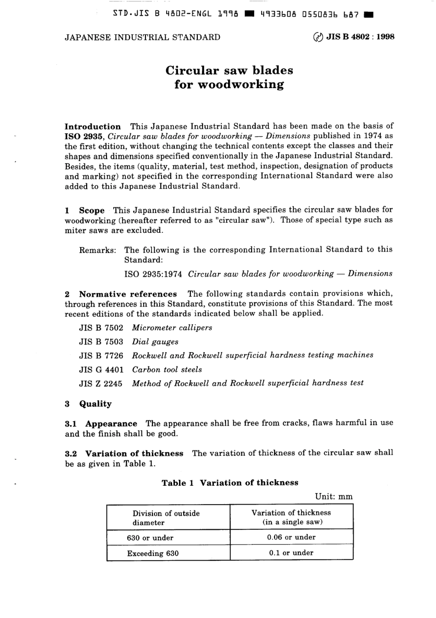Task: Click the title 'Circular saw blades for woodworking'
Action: click(229, 77)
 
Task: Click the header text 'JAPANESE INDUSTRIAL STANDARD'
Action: click(142, 37)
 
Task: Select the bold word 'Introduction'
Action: click(93, 127)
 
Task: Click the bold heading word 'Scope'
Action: click(92, 210)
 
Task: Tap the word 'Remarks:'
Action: click(98, 250)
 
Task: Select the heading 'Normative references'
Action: click(128, 294)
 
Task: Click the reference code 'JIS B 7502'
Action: click(101, 328)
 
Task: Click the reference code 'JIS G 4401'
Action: click(101, 369)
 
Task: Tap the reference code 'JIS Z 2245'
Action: click(101, 383)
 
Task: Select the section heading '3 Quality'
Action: click(89, 404)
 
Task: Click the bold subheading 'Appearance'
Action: click(111, 424)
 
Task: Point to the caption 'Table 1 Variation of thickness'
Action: click(229, 483)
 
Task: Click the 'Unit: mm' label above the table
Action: click(334, 496)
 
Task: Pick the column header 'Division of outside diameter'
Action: click(166, 517)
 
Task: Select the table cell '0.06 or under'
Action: click(291, 537)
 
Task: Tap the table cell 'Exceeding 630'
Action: click(153, 553)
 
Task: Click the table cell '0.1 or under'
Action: click(291, 553)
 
